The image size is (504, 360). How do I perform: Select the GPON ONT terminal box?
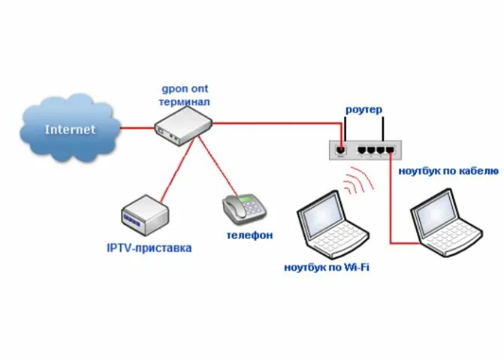(183, 126)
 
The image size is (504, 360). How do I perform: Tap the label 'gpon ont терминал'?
(184, 95)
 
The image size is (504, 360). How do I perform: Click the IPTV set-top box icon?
(140, 213)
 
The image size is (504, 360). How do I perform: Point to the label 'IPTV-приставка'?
(149, 247)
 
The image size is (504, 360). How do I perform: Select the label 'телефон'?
(249, 235)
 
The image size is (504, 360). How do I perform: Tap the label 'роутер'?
(364, 110)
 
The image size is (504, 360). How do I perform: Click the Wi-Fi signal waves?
(359, 184)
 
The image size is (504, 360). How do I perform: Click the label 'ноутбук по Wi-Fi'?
(327, 267)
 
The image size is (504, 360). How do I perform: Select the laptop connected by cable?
(445, 224)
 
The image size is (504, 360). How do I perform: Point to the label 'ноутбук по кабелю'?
(448, 171)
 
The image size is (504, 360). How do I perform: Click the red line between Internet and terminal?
(137, 128)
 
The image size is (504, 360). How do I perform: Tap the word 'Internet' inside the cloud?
(71, 129)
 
